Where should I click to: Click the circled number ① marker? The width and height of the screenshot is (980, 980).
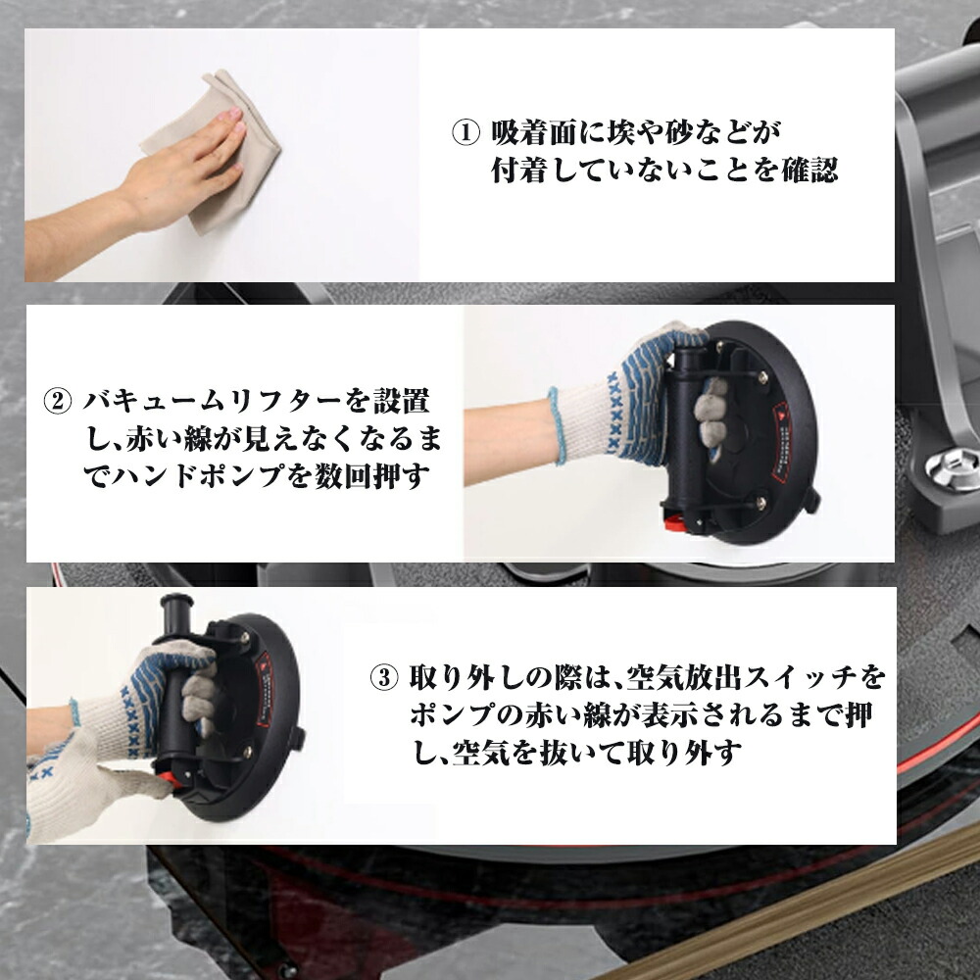point(465,132)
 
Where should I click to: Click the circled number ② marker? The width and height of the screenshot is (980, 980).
point(58,401)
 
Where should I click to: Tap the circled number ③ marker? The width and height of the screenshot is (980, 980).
point(384,677)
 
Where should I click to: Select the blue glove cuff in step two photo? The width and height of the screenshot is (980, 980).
point(557,426)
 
